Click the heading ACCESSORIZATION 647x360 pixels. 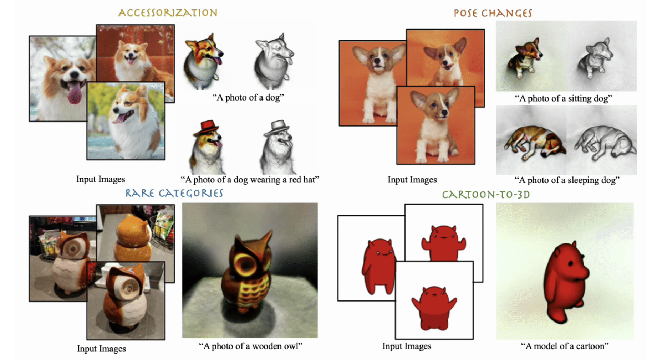(168, 12)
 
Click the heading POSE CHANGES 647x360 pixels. (493, 13)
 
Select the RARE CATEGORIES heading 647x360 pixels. (174, 193)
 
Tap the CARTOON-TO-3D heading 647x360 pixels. (486, 194)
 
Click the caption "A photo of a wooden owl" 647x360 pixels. (250, 346)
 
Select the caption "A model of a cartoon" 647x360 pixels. (565, 346)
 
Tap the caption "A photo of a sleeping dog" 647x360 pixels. (567, 180)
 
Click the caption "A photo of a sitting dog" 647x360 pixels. (563, 98)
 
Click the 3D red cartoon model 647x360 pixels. (565, 282)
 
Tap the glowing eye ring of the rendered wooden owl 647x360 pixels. (245, 264)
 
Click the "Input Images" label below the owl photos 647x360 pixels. (101, 348)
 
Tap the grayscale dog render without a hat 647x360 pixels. (274, 61)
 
